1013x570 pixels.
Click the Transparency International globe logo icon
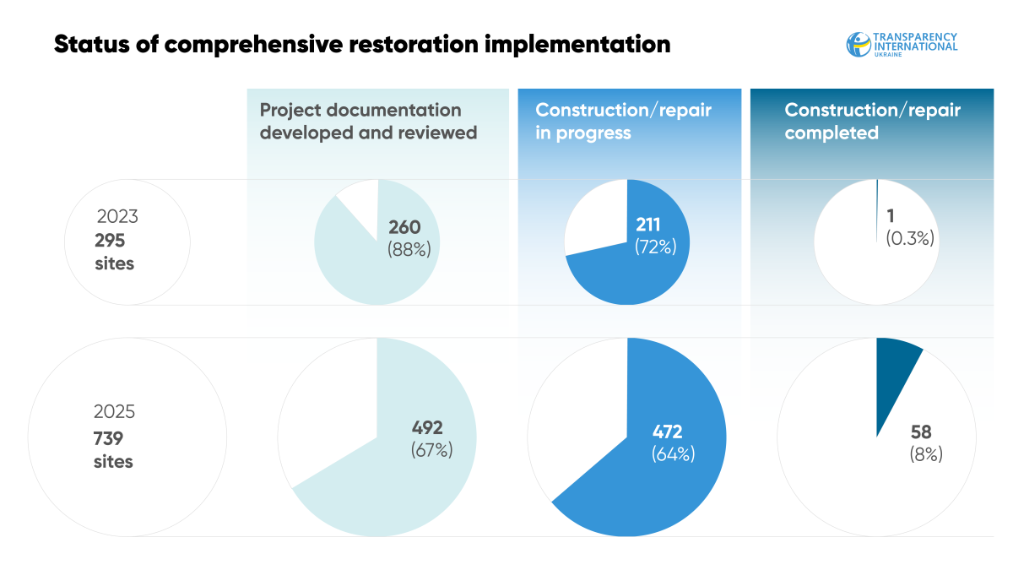pyautogui.click(x=859, y=44)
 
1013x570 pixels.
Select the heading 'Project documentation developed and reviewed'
pyautogui.click(x=368, y=122)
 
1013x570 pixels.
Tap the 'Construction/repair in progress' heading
pyautogui.click(x=623, y=122)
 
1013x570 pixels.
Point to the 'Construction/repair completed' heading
pyautogui.click(x=872, y=122)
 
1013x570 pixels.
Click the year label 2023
pyautogui.click(x=117, y=216)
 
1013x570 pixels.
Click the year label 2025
pyautogui.click(x=114, y=412)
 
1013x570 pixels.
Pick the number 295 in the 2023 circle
pyautogui.click(x=110, y=241)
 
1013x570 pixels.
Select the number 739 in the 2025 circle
pyautogui.click(x=108, y=438)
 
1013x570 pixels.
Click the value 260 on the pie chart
pyautogui.click(x=404, y=227)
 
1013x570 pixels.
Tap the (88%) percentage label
pyautogui.click(x=409, y=249)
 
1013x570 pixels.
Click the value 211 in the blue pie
pyautogui.click(x=647, y=225)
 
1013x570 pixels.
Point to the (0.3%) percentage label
pyautogui.click(x=910, y=238)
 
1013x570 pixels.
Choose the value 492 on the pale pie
pyautogui.click(x=427, y=427)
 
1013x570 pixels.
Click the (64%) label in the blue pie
pyautogui.click(x=674, y=453)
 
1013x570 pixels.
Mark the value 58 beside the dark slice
pyautogui.click(x=921, y=432)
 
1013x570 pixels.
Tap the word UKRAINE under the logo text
pyautogui.click(x=888, y=55)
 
